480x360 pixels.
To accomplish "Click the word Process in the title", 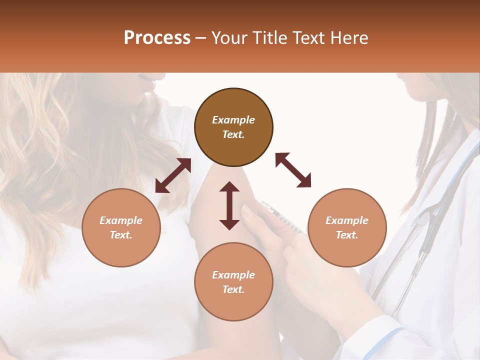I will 157,38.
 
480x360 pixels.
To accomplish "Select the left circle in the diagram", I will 121,227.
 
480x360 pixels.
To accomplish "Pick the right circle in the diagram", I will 347,227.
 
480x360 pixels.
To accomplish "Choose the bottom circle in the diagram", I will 233,282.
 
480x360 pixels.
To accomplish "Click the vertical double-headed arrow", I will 229,205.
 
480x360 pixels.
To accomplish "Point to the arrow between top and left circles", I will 173,175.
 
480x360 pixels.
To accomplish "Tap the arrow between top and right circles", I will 293,170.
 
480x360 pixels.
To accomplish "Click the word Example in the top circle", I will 233,120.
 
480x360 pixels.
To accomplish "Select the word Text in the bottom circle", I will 233,289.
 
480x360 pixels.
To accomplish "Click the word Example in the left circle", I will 121,220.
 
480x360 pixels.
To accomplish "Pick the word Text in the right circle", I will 347,235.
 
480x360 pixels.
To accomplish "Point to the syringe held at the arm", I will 283,218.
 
